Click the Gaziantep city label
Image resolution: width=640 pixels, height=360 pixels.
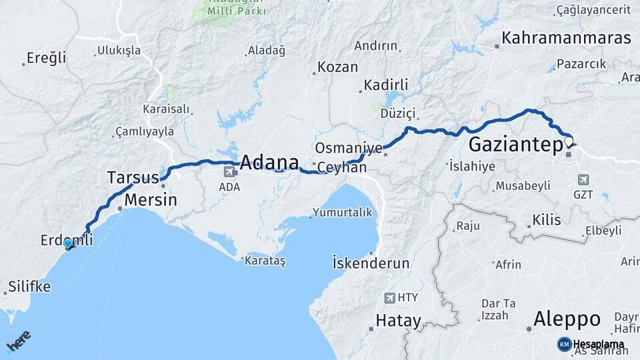(x=513, y=145)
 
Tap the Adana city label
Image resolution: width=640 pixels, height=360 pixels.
(x=269, y=162)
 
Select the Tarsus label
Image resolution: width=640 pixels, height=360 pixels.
(x=133, y=177)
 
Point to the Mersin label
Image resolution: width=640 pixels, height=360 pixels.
(x=151, y=199)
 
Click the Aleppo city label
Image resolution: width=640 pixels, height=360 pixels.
(x=567, y=318)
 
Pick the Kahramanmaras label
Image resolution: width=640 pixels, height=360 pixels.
(x=566, y=38)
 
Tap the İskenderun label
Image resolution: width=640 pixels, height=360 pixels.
(x=371, y=263)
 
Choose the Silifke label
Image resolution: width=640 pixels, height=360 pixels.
(x=29, y=287)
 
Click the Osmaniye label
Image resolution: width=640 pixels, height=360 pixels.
(x=349, y=147)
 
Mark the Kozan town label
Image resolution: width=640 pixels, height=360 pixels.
(x=337, y=67)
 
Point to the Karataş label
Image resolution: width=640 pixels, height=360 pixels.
(x=266, y=261)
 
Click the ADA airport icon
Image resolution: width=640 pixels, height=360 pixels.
(x=230, y=173)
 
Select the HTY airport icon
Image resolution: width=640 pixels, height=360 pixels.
(x=390, y=297)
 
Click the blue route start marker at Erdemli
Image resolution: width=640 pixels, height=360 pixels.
(x=67, y=243)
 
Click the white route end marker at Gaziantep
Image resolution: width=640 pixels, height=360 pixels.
(x=568, y=141)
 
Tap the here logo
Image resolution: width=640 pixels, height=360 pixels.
(x=18, y=341)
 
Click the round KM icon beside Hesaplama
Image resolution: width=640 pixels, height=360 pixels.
(x=564, y=344)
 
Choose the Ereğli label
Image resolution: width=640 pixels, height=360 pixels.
(x=46, y=58)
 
